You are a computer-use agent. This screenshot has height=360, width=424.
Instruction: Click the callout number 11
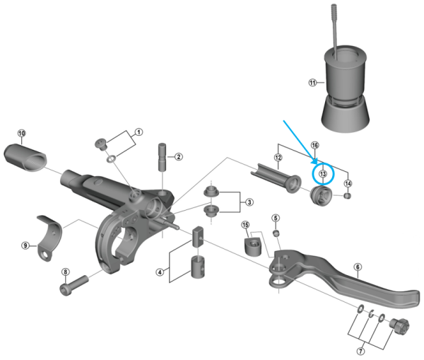click(312, 82)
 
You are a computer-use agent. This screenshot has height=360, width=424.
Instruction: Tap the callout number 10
click(21, 132)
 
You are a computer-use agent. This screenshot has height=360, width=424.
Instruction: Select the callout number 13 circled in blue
click(323, 173)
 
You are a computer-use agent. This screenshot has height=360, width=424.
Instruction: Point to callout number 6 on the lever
click(358, 267)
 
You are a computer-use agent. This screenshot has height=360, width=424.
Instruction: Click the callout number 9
click(25, 245)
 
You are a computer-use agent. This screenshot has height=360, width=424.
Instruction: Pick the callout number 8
click(66, 272)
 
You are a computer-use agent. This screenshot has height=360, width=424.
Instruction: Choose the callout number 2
click(179, 156)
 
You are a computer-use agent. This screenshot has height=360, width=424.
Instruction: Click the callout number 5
click(276, 217)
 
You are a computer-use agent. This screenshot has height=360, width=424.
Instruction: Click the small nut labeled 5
click(276, 233)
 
